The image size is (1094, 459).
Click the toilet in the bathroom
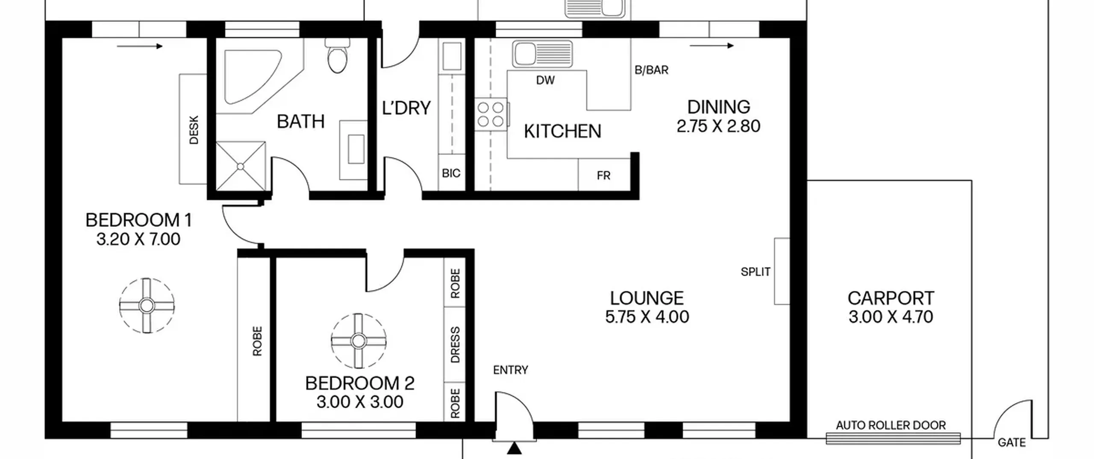click(337, 56)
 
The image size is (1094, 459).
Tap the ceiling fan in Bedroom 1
click(147, 306)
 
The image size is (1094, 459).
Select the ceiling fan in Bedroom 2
click(359, 341)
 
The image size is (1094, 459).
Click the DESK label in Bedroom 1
click(194, 130)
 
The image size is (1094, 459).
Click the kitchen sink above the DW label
click(542, 54)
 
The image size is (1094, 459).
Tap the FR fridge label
click(603, 175)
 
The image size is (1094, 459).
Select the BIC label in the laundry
click(451, 173)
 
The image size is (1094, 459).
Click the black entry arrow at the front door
click(515, 448)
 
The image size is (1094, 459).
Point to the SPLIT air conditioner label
click(756, 272)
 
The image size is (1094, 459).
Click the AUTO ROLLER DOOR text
click(891, 425)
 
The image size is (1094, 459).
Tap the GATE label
click(1012, 443)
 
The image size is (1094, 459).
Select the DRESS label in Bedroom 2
click(455, 345)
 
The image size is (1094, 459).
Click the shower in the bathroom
click(241, 166)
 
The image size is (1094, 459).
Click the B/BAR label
click(651, 70)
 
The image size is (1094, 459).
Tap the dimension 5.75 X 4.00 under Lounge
click(647, 317)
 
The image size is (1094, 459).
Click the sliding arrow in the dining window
click(712, 46)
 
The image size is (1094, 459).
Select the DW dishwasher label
click(545, 80)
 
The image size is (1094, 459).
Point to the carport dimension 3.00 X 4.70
click(891, 317)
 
